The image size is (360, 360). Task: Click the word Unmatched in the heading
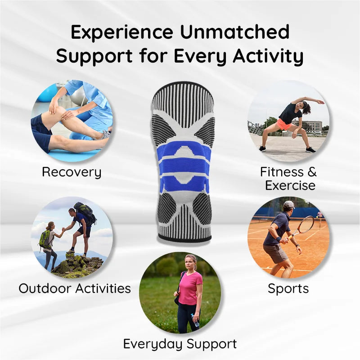click(x=232, y=32)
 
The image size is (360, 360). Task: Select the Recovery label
click(x=72, y=172)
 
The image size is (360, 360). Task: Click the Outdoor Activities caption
click(x=75, y=288)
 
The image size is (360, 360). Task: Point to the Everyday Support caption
click(x=180, y=344)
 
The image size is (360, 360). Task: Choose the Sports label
click(x=288, y=288)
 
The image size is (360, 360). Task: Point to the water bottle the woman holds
click(x=195, y=320)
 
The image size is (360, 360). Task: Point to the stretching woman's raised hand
click(x=320, y=102)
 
